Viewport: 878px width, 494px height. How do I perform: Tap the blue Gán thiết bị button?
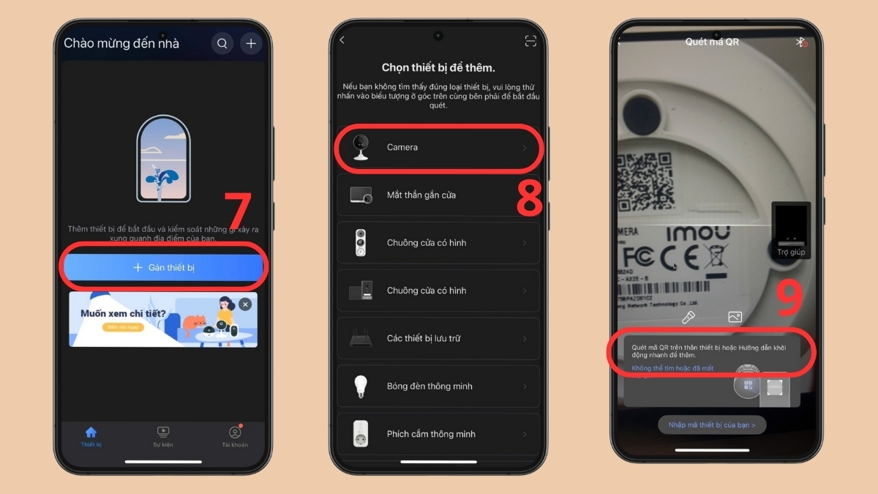tap(164, 268)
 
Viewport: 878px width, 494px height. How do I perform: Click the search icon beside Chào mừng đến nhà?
tap(222, 44)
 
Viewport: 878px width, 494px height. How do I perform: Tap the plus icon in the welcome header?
tap(251, 44)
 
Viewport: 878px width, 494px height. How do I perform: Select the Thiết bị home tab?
tap(91, 437)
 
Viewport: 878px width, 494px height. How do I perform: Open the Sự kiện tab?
tap(162, 437)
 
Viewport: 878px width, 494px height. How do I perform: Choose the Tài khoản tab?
tap(235, 437)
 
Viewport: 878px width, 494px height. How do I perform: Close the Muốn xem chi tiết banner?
tap(245, 304)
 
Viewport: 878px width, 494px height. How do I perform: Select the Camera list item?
tap(438, 148)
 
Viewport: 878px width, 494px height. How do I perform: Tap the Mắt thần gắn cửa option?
tap(438, 195)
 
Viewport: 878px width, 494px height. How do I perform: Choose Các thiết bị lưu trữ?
tap(438, 339)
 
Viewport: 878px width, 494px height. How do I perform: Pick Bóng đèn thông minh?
tap(438, 386)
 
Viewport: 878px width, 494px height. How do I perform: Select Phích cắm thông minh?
tap(438, 434)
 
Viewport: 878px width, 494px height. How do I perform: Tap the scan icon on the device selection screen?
tap(530, 42)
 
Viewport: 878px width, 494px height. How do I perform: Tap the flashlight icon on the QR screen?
tap(688, 317)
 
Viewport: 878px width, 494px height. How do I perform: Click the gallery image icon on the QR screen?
tap(735, 317)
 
